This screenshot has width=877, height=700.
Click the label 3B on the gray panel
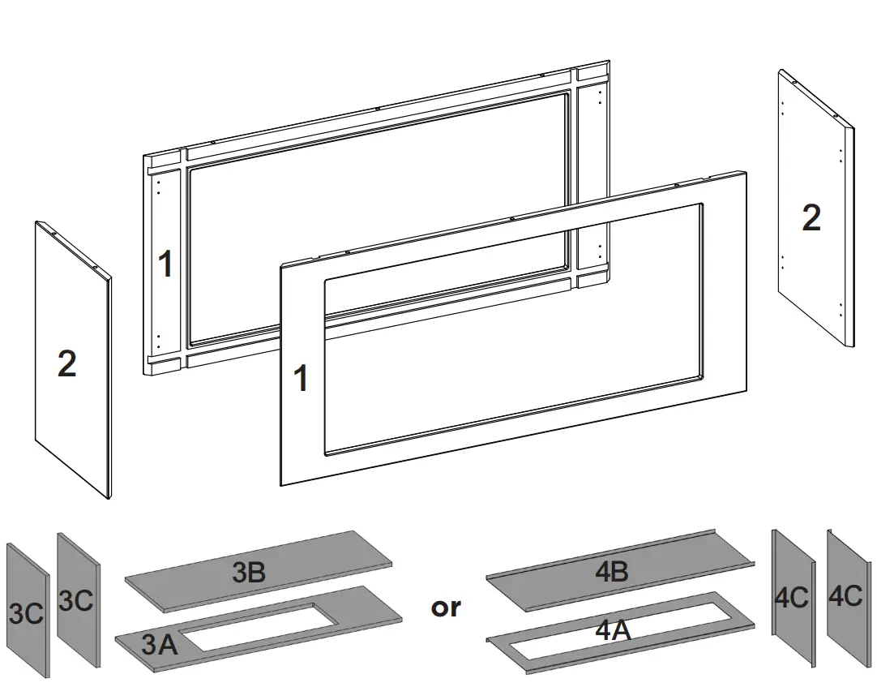click(249, 573)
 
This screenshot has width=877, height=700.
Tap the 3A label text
click(159, 646)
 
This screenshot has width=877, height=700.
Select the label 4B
click(612, 572)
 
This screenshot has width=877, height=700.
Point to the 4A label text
click(613, 630)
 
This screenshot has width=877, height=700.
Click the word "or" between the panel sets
click(446, 607)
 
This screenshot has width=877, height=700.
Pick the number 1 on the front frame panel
click(301, 379)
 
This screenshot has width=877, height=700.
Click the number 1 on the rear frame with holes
click(165, 264)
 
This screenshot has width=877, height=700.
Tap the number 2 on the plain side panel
click(66, 364)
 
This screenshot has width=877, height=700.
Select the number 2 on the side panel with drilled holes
click(811, 218)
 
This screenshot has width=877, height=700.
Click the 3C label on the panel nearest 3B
click(76, 601)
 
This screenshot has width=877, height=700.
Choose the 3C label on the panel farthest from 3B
click(26, 613)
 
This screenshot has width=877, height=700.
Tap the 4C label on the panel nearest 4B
click(791, 598)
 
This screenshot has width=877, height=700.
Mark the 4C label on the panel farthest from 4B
click(845, 596)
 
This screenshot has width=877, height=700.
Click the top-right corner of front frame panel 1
click(745, 172)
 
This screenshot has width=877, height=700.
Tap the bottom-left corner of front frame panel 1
click(281, 485)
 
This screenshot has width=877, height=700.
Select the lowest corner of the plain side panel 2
click(108, 498)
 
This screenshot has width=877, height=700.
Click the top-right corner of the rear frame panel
click(608, 61)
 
